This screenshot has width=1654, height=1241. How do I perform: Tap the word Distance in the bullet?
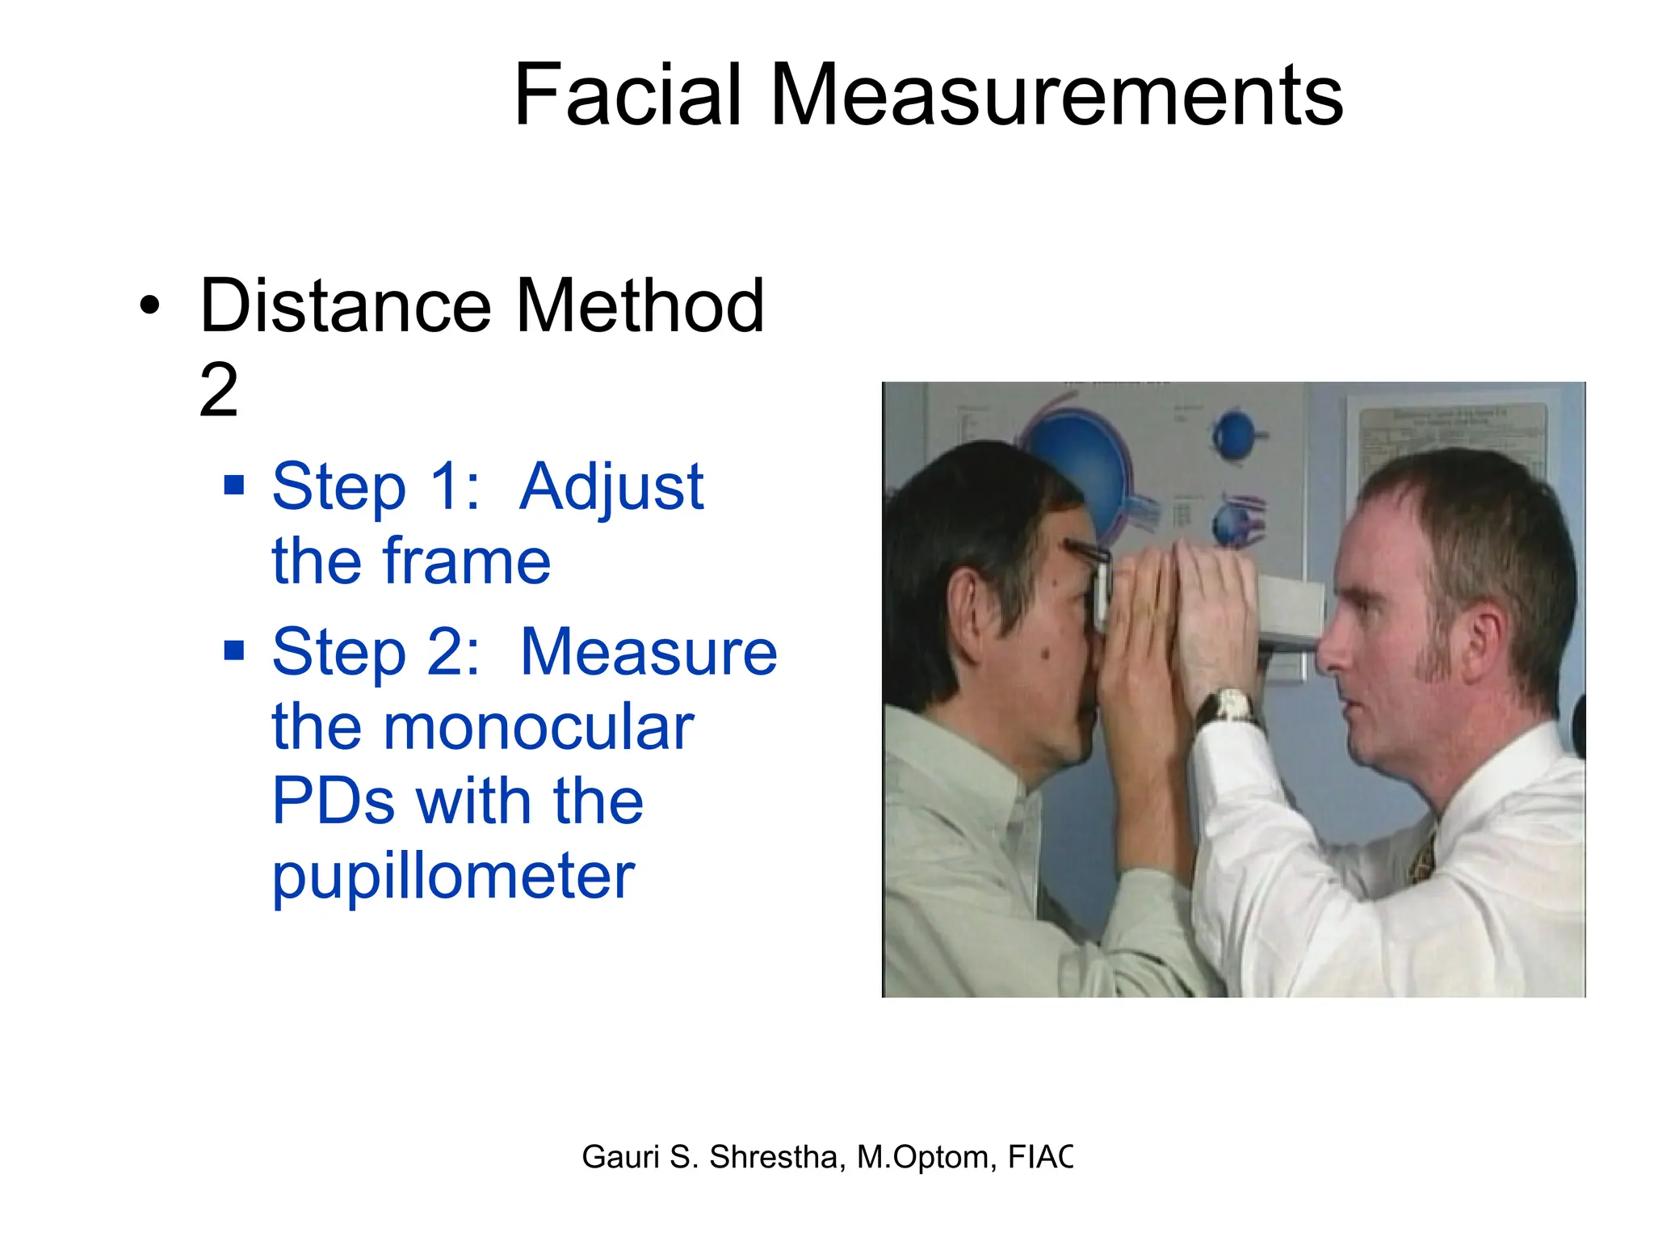point(345,306)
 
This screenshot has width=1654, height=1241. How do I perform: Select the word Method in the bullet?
point(640,306)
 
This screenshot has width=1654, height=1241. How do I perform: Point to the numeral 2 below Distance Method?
point(219,390)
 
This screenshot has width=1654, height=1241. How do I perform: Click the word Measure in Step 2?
point(649,653)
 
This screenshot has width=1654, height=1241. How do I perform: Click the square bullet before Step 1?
point(234,485)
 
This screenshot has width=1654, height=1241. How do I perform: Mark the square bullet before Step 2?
point(234,650)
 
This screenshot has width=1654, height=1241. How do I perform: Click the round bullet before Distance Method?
point(149,307)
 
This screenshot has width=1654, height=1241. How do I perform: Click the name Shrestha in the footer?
point(777,1157)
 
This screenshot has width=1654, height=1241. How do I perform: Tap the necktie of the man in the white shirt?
point(1423,856)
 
